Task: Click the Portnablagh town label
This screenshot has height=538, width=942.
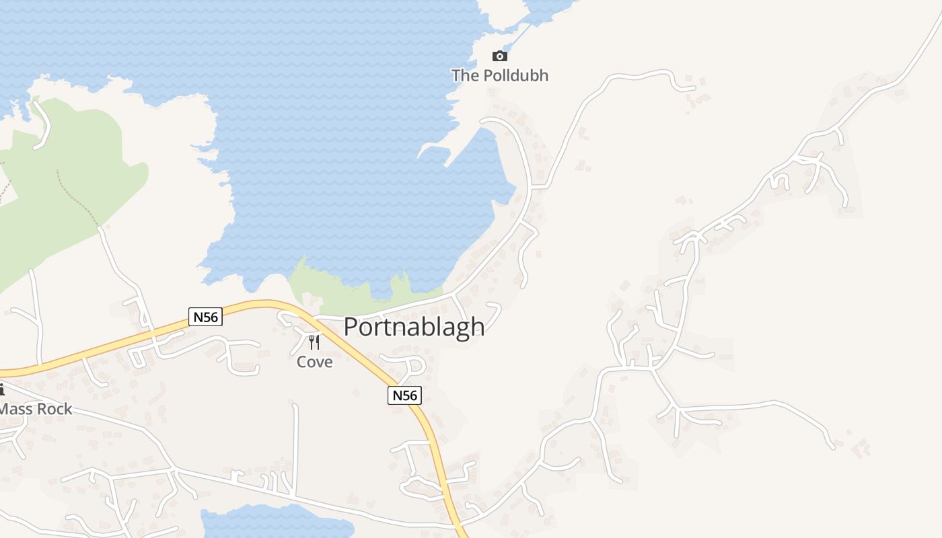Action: tap(414, 327)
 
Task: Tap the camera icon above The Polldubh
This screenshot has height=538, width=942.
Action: tap(499, 56)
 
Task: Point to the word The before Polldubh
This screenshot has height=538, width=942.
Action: tap(465, 75)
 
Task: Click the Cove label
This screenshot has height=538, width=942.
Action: tap(315, 362)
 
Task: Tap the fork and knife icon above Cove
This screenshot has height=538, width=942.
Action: tap(314, 342)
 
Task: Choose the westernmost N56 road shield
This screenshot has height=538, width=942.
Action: tap(205, 317)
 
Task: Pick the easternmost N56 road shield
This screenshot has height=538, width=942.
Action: tap(404, 395)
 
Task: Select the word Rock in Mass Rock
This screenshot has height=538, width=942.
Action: tap(56, 408)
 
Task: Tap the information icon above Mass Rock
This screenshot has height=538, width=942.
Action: tap(1, 389)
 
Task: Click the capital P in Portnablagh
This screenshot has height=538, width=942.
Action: tap(352, 327)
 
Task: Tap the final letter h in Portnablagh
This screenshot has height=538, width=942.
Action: tap(478, 327)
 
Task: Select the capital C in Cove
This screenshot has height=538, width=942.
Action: tap(303, 362)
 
